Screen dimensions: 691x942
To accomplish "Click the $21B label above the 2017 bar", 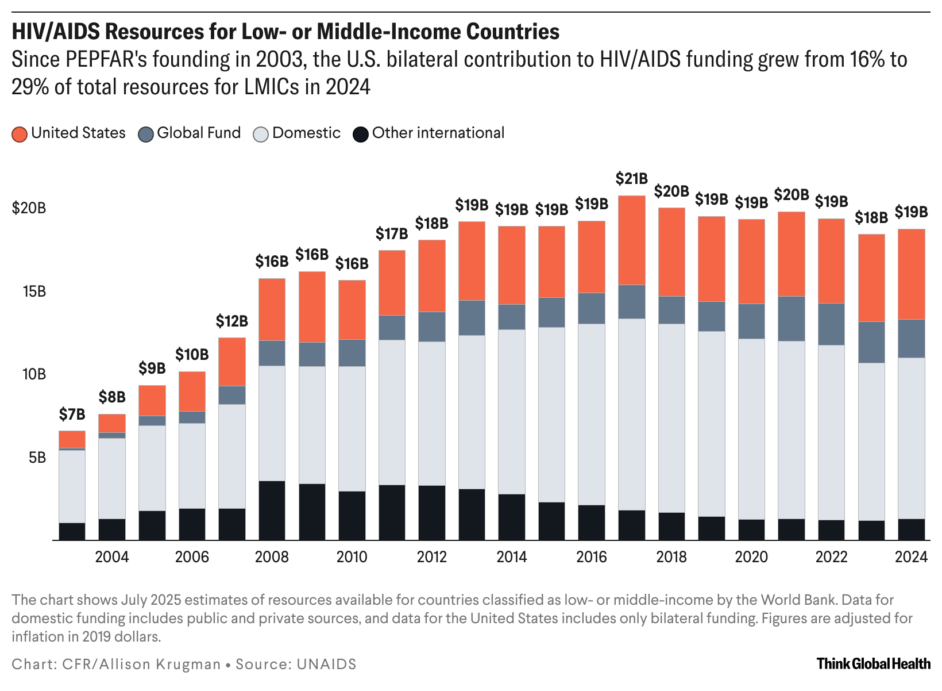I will point(631,179).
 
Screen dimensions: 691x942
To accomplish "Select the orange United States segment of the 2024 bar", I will point(911,274).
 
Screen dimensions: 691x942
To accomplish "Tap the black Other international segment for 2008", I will point(272,510).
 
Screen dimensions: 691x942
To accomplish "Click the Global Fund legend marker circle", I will point(146,135).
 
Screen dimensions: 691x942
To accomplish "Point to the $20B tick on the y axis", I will point(29,208).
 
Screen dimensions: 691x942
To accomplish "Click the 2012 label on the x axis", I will point(431,557).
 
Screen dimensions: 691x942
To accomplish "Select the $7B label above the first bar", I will point(72,414).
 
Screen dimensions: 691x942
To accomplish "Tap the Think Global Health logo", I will point(873,664).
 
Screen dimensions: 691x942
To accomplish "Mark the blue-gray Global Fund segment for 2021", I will point(791,319).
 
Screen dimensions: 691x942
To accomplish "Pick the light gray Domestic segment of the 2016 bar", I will point(591,414).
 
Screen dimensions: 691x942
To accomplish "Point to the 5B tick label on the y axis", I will point(34,458).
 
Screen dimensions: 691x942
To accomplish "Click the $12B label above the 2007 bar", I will point(231,321).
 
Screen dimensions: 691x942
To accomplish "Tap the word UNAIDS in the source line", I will point(326,665).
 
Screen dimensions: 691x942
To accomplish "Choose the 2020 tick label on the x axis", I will point(751,557).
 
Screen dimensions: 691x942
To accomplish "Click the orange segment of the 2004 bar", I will point(112,423).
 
